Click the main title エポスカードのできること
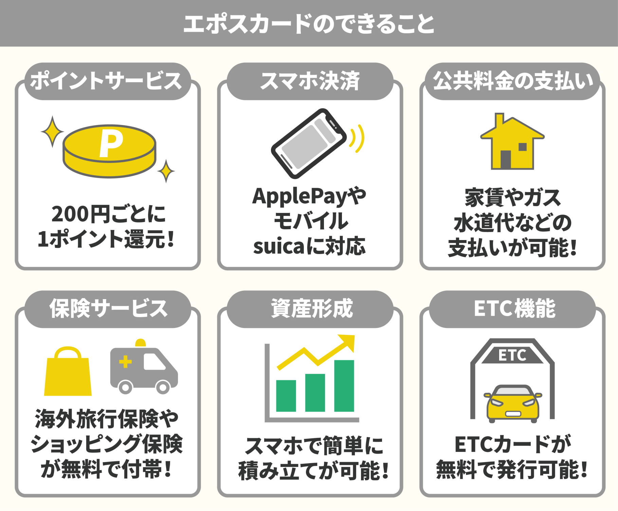click(x=309, y=24)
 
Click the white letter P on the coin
click(x=111, y=144)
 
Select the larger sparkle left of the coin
click(x=52, y=132)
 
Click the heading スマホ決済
click(x=309, y=81)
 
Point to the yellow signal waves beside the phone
click(x=359, y=139)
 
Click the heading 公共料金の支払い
click(x=512, y=81)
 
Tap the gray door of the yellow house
click(x=506, y=160)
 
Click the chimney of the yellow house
click(x=499, y=121)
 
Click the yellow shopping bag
click(x=68, y=375)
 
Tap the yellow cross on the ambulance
click(x=125, y=362)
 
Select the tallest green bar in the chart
click(x=344, y=386)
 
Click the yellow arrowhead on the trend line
click(x=348, y=341)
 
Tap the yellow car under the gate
click(x=513, y=404)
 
